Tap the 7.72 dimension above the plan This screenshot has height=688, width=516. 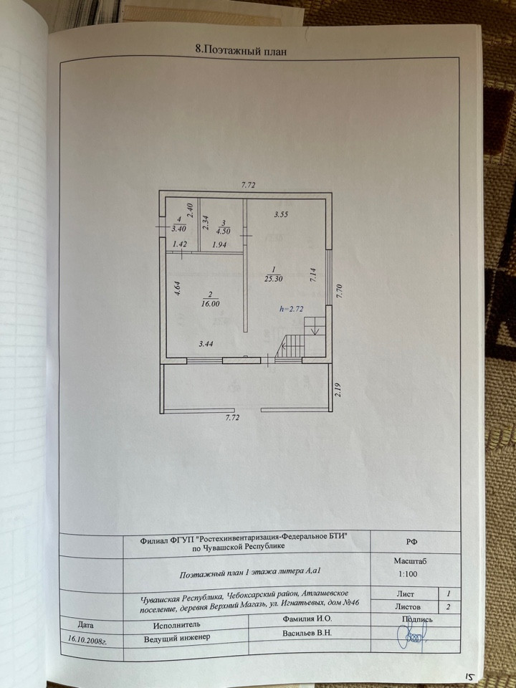[x=248, y=185]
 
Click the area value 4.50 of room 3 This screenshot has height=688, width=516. [x=224, y=231]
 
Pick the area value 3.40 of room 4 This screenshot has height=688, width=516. [x=178, y=229]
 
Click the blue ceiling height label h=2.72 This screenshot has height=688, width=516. [x=292, y=310]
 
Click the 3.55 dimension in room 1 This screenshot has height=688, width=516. [x=281, y=214]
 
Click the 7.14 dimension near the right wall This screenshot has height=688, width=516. [x=312, y=277]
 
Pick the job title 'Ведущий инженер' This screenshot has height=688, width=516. [x=176, y=638]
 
